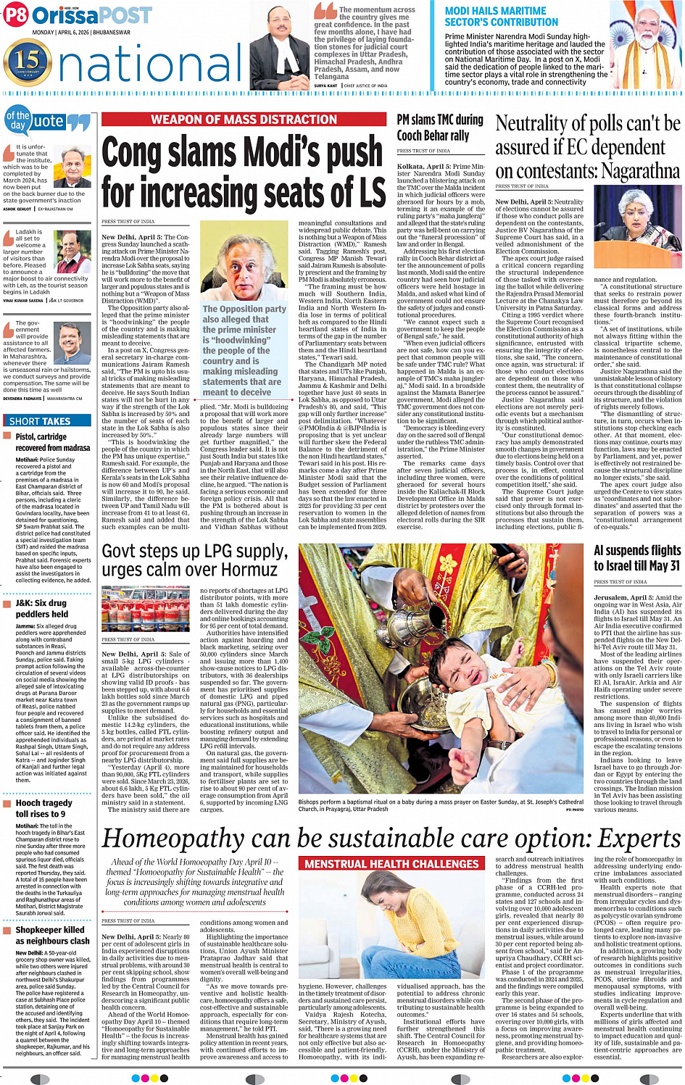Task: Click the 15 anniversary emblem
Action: (x=28, y=61)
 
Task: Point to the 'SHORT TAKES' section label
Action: (x=40, y=421)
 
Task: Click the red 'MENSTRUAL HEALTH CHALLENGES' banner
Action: (x=391, y=864)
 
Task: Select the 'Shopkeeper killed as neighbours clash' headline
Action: (x=52, y=935)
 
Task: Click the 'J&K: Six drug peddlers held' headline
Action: (x=42, y=608)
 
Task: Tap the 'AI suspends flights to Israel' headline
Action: (x=637, y=557)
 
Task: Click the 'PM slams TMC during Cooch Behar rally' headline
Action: (x=440, y=128)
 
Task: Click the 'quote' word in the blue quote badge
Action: (x=49, y=122)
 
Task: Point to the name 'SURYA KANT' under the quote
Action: (x=325, y=86)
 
